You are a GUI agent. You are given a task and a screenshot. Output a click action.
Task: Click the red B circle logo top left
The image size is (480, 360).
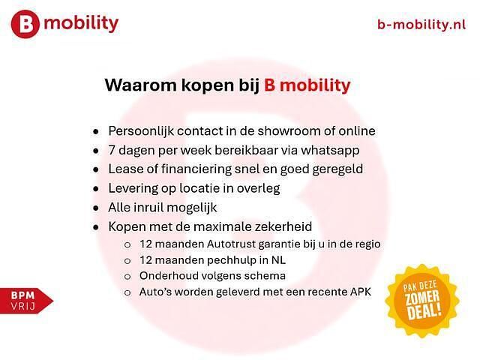point(26,25)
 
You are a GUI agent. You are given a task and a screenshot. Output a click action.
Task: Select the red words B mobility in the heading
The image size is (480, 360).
point(307,85)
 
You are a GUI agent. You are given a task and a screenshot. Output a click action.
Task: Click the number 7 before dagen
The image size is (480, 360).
point(112,150)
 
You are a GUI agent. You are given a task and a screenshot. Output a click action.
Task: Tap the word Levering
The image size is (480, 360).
point(133,188)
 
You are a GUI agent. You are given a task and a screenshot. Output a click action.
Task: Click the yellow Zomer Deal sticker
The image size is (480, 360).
point(422,300)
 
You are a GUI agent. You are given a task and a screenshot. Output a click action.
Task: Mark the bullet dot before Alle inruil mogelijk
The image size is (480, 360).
point(95,208)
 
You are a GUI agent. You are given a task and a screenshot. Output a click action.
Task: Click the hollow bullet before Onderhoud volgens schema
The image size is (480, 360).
point(127,276)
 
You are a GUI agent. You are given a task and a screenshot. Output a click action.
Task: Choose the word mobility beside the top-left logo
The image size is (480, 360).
point(81,23)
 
